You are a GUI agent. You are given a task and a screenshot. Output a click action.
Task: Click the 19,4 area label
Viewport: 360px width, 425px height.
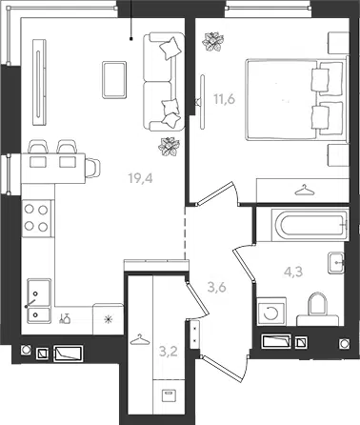pyautogui.click(x=140, y=178)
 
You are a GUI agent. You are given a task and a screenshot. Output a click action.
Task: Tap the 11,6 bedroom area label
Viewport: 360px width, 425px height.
pyautogui.click(x=224, y=99)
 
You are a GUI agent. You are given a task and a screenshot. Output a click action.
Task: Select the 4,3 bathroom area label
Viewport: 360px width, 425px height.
pyautogui.click(x=293, y=272)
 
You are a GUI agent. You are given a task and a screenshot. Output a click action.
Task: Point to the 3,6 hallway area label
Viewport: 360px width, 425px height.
pyautogui.click(x=216, y=288)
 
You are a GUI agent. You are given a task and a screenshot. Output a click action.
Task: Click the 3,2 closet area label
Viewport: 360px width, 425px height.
pyautogui.click(x=168, y=352)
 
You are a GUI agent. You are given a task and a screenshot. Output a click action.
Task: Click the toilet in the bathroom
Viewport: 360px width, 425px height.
pyautogui.click(x=318, y=309)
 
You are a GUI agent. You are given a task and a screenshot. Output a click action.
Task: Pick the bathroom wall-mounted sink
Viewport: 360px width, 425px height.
pyautogui.click(x=336, y=262)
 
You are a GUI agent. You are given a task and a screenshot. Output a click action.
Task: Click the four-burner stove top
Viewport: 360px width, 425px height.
pyautogui.click(x=37, y=218)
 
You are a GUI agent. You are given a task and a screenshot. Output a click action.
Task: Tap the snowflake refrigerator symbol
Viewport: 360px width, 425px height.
pyautogui.click(x=109, y=318)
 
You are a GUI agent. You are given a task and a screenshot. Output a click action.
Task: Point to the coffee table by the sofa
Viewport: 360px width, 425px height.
pyautogui.click(x=114, y=79)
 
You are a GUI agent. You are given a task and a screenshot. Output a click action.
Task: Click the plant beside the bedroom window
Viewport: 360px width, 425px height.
pyautogui.click(x=213, y=41)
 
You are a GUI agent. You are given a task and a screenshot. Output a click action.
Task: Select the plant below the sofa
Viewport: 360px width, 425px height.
pyautogui.click(x=169, y=147)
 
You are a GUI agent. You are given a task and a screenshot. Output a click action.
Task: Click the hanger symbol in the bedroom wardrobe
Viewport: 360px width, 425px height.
pyautogui.click(x=304, y=191)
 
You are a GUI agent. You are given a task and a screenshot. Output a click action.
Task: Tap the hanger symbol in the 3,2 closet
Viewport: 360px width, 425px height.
pyautogui.click(x=140, y=339)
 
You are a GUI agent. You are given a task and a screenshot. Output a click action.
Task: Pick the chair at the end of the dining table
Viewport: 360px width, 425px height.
pyautogui.click(x=92, y=169)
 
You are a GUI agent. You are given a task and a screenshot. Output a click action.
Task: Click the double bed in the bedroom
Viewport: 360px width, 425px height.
pyautogui.click(x=296, y=99)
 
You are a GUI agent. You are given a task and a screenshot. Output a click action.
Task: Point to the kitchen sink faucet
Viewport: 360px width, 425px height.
pyautogui.click(x=30, y=303)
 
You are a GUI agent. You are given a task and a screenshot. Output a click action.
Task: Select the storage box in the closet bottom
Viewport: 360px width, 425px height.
pyautogui.click(x=168, y=396)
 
